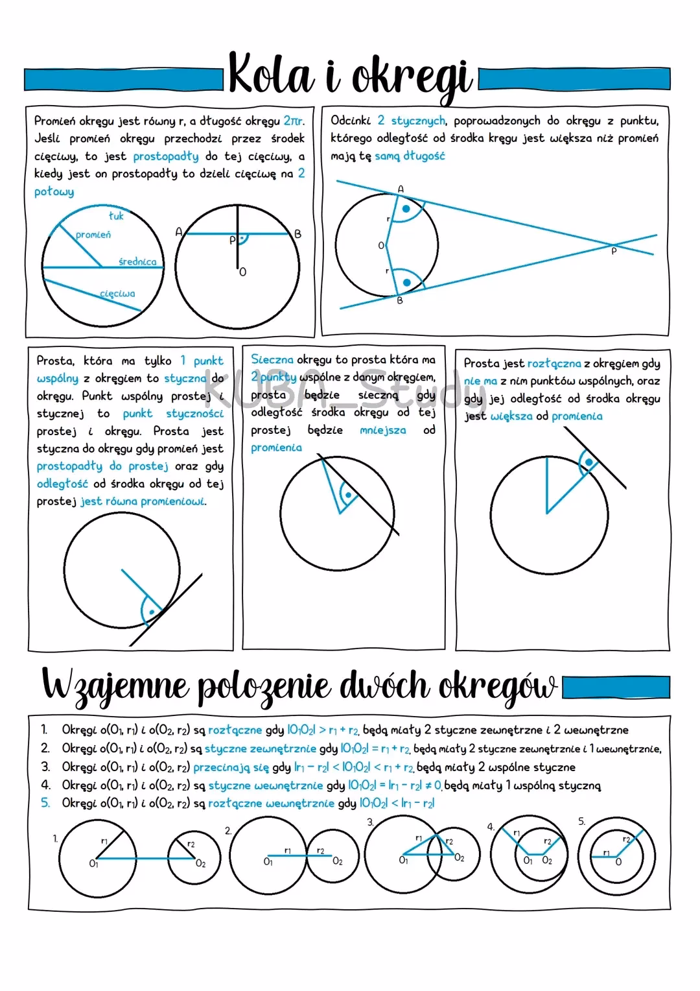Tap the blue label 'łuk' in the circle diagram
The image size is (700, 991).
[116, 216]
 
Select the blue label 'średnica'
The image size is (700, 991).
[137, 261]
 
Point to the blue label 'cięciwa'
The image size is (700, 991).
[117, 294]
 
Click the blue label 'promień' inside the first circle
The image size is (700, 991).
[93, 235]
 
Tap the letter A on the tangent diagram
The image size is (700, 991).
[401, 189]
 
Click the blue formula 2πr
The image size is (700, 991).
[294, 121]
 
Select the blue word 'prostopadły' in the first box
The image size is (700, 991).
[166, 156]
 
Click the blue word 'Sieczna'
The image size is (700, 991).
[272, 359]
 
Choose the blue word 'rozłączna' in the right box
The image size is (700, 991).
[554, 364]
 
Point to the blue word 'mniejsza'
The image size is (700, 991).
[383, 430]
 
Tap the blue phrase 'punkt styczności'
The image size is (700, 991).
[173, 413]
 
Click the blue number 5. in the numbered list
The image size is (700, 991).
[45, 803]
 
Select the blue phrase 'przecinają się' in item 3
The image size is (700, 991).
[231, 767]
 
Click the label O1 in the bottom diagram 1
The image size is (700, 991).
[93, 863]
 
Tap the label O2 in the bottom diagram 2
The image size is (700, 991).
[338, 861]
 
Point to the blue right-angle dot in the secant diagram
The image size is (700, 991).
[348, 495]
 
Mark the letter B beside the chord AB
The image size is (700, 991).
[297, 234]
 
